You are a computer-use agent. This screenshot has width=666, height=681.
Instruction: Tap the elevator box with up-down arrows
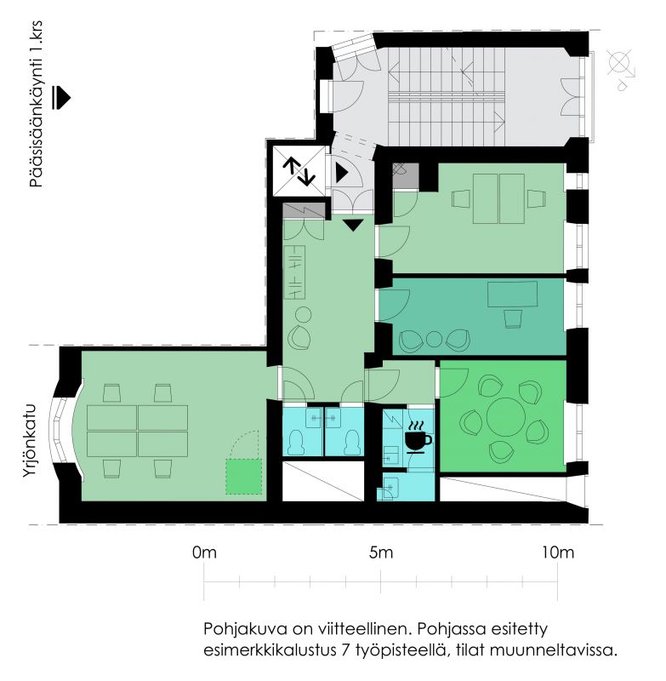click(299, 171)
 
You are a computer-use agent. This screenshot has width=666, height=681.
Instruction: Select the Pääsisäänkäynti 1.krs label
click(37, 104)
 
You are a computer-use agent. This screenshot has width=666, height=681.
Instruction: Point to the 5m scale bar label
click(381, 552)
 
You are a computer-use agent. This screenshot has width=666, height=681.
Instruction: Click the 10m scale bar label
click(557, 552)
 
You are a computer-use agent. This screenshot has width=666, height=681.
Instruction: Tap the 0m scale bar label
click(204, 552)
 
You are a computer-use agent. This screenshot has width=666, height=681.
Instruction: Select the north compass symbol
click(621, 70)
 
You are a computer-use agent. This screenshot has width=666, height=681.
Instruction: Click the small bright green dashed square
click(244, 477)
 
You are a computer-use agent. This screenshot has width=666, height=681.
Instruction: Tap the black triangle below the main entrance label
click(61, 97)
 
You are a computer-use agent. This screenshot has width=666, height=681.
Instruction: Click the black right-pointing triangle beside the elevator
click(342, 173)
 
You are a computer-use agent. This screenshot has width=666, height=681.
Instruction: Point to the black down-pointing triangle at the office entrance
click(353, 225)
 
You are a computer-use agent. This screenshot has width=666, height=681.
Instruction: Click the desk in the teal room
click(512, 294)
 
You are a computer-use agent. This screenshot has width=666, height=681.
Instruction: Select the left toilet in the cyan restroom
click(299, 442)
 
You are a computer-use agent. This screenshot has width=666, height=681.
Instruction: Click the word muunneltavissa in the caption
click(553, 650)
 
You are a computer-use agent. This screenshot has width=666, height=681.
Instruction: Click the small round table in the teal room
click(434, 339)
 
